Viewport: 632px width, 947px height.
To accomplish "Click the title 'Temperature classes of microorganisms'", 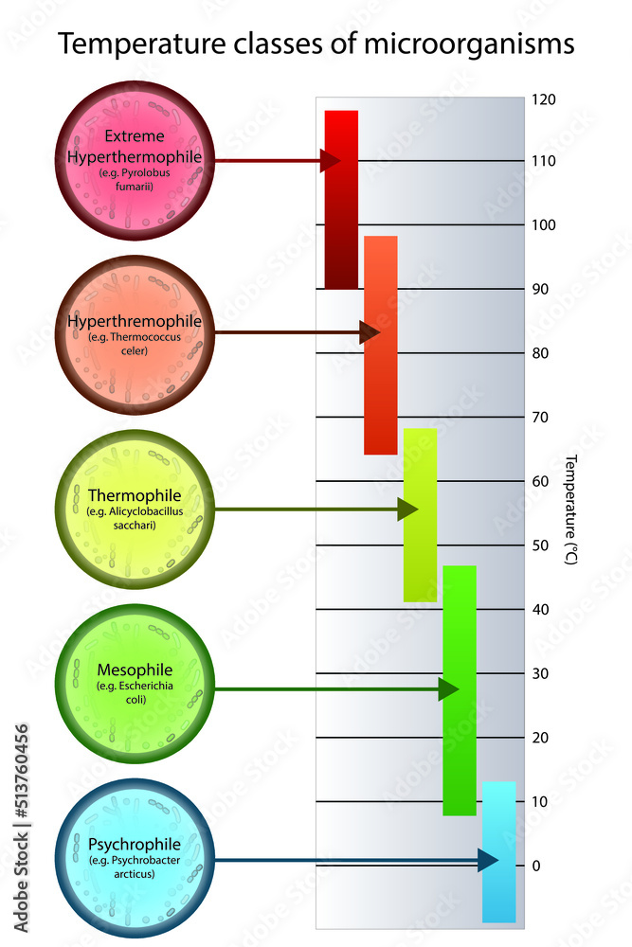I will (x=316, y=43).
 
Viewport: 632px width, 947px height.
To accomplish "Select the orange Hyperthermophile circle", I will (x=134, y=332).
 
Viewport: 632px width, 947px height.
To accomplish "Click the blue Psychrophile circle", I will (x=134, y=860).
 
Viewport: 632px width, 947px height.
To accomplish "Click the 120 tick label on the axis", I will (x=543, y=99).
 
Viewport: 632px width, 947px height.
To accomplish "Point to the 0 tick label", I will (x=535, y=866).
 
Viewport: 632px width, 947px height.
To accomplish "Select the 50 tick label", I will (x=541, y=545).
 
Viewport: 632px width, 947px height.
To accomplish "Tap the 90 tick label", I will (x=541, y=289).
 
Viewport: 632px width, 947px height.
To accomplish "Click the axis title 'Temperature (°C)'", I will (x=571, y=509).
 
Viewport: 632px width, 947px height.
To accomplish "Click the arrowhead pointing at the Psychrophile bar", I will (x=487, y=860).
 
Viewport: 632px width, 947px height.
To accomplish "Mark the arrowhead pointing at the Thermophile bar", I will (x=407, y=510).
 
